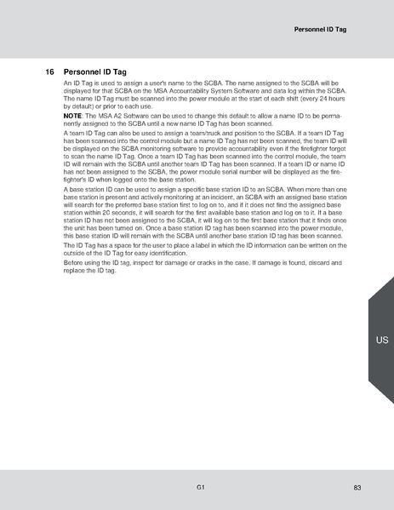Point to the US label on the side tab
pos(381,341)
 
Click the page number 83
pos(357,487)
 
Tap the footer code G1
pos(199,487)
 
